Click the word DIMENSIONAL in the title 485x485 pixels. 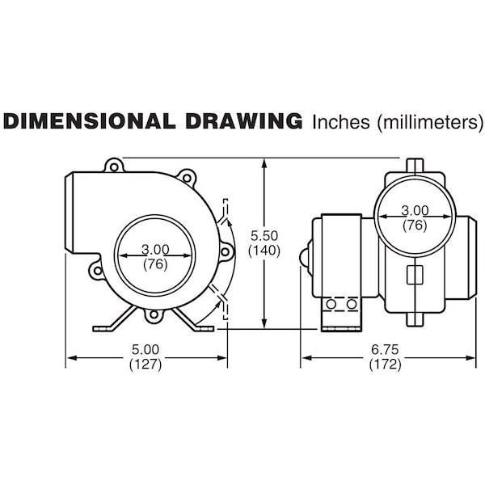click(90, 121)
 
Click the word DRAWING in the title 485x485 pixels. click(244, 121)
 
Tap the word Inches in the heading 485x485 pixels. click(341, 122)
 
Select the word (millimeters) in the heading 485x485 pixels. click(430, 123)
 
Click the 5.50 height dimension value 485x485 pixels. click(264, 236)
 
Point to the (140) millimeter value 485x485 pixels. click(264, 251)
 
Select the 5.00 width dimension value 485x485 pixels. click(145, 349)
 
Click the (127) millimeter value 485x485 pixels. click(145, 365)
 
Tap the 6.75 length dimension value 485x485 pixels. click(385, 349)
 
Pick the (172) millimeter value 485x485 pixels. click(385, 365)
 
